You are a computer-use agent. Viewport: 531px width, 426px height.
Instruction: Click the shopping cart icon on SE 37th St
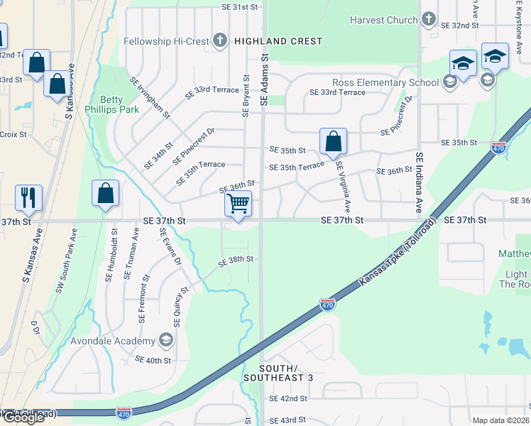click(239, 204)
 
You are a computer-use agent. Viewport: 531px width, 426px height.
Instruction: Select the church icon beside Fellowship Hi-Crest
click(220, 41)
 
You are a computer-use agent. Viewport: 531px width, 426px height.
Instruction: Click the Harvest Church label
click(383, 20)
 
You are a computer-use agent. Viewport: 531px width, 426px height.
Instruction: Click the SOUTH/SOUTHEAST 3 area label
click(278, 373)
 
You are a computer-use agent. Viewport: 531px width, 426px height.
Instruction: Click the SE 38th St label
click(236, 261)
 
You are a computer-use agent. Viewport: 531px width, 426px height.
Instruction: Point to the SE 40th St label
click(153, 360)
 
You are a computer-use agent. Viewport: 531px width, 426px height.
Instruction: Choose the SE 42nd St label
click(288, 399)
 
